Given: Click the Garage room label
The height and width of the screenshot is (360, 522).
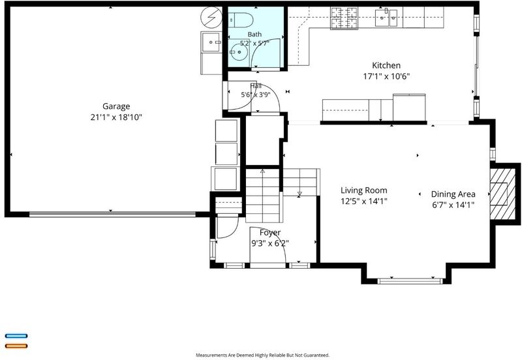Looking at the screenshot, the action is [x=116, y=106].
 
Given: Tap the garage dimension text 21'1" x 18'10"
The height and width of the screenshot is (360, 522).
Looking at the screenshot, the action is [x=116, y=117].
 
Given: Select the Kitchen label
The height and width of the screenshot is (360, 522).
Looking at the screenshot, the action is [x=386, y=65].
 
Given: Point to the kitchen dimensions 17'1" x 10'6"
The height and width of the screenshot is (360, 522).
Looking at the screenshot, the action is [x=386, y=76].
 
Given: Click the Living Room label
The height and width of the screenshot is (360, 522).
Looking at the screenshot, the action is [x=364, y=190].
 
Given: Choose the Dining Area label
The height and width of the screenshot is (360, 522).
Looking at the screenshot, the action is [x=453, y=194].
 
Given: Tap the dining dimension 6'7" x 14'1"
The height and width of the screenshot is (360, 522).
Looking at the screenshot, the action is [x=453, y=205].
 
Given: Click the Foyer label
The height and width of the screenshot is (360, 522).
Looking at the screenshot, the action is [x=270, y=232].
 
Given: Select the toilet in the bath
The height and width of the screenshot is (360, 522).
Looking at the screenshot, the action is [x=240, y=20].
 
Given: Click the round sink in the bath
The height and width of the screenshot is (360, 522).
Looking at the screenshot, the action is [x=239, y=53].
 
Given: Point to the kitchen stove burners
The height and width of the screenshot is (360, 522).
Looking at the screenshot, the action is [x=344, y=18].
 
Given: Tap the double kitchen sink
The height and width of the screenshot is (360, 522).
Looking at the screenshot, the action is [x=386, y=18].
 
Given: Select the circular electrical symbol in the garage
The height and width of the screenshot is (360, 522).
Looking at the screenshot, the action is [x=211, y=17].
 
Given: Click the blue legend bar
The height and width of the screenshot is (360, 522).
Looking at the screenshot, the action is [x=16, y=336].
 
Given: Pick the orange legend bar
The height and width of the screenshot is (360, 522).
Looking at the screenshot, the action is [x=16, y=346].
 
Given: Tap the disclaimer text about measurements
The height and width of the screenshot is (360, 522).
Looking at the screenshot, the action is [x=263, y=355].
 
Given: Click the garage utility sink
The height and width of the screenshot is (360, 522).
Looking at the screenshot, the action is [x=211, y=42].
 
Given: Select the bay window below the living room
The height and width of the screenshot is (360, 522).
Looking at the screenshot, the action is [x=410, y=281].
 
